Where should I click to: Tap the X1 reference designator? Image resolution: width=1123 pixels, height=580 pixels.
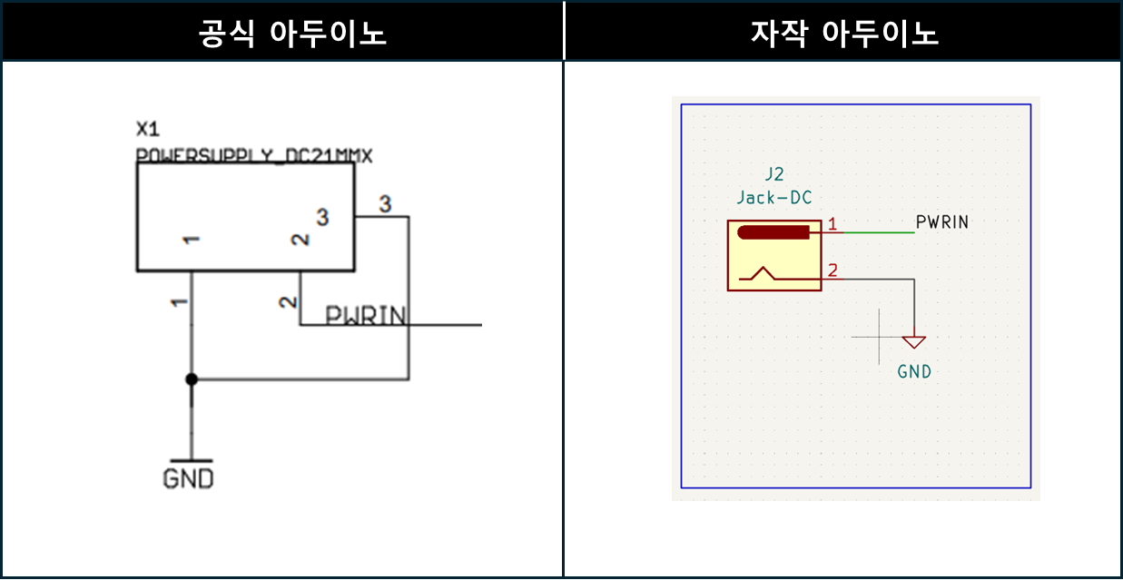coord(148,127)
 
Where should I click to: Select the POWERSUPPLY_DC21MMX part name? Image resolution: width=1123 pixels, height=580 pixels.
coord(254,156)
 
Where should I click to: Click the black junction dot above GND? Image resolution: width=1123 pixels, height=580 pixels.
coord(191,378)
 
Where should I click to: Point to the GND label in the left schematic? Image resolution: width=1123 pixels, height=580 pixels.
coord(189,478)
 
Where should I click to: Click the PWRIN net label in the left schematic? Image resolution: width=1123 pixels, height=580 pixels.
coord(366,315)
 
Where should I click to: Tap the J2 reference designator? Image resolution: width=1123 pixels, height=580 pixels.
coord(774,175)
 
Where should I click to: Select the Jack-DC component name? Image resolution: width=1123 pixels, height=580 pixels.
coord(774,197)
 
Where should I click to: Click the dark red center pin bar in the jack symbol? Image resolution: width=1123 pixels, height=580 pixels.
coord(773,232)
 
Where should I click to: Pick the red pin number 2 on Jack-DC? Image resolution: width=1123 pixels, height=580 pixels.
coord(832,270)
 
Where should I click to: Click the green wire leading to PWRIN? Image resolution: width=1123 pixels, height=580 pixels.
coord(879,232)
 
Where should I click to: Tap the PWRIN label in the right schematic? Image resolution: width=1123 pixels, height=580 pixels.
coord(942,222)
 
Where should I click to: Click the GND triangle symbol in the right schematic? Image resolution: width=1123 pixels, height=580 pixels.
coord(914,342)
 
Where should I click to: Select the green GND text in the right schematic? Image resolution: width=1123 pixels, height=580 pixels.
coord(914,371)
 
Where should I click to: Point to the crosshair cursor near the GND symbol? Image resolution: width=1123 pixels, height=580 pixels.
coord(880,337)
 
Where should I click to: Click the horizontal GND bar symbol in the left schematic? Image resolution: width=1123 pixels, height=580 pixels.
coord(191,460)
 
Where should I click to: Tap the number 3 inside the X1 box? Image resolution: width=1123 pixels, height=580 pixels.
coord(322,217)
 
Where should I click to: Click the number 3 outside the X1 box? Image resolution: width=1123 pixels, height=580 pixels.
coord(385,204)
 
